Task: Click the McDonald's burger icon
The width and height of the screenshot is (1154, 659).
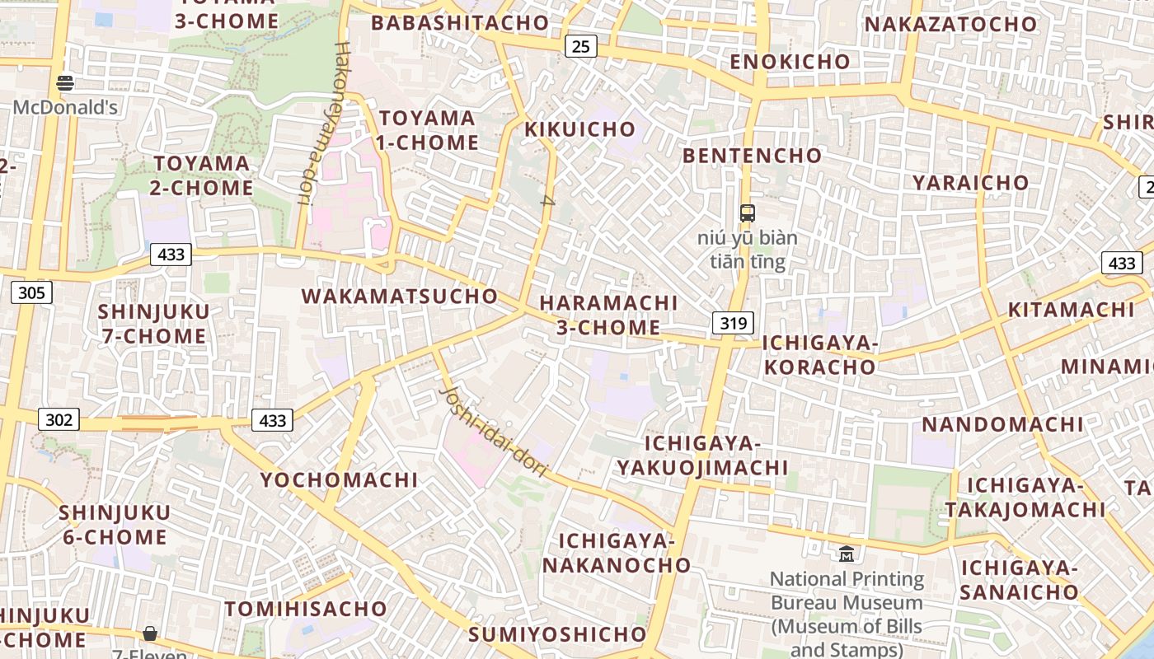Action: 65,82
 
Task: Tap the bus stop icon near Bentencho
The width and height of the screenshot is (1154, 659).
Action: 747,213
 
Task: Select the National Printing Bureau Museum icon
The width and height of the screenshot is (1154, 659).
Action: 847,554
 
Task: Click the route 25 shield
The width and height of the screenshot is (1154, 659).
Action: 581,46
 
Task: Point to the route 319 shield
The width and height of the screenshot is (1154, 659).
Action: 733,322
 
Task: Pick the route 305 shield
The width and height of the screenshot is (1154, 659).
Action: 31,292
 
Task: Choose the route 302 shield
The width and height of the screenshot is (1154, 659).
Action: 59,420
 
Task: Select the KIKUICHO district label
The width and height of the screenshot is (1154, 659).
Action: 580,129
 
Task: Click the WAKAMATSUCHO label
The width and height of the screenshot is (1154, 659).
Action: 400,297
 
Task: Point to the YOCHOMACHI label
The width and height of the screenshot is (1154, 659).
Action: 340,479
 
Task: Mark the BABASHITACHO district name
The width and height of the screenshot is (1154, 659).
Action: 460,23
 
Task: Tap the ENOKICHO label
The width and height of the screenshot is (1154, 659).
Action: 790,62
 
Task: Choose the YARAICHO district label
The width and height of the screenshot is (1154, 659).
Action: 971,183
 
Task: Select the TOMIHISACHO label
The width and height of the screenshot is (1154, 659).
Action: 306,610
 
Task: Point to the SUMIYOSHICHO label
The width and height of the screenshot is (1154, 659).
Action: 557,634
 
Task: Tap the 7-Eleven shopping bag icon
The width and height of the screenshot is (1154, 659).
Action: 150,633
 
